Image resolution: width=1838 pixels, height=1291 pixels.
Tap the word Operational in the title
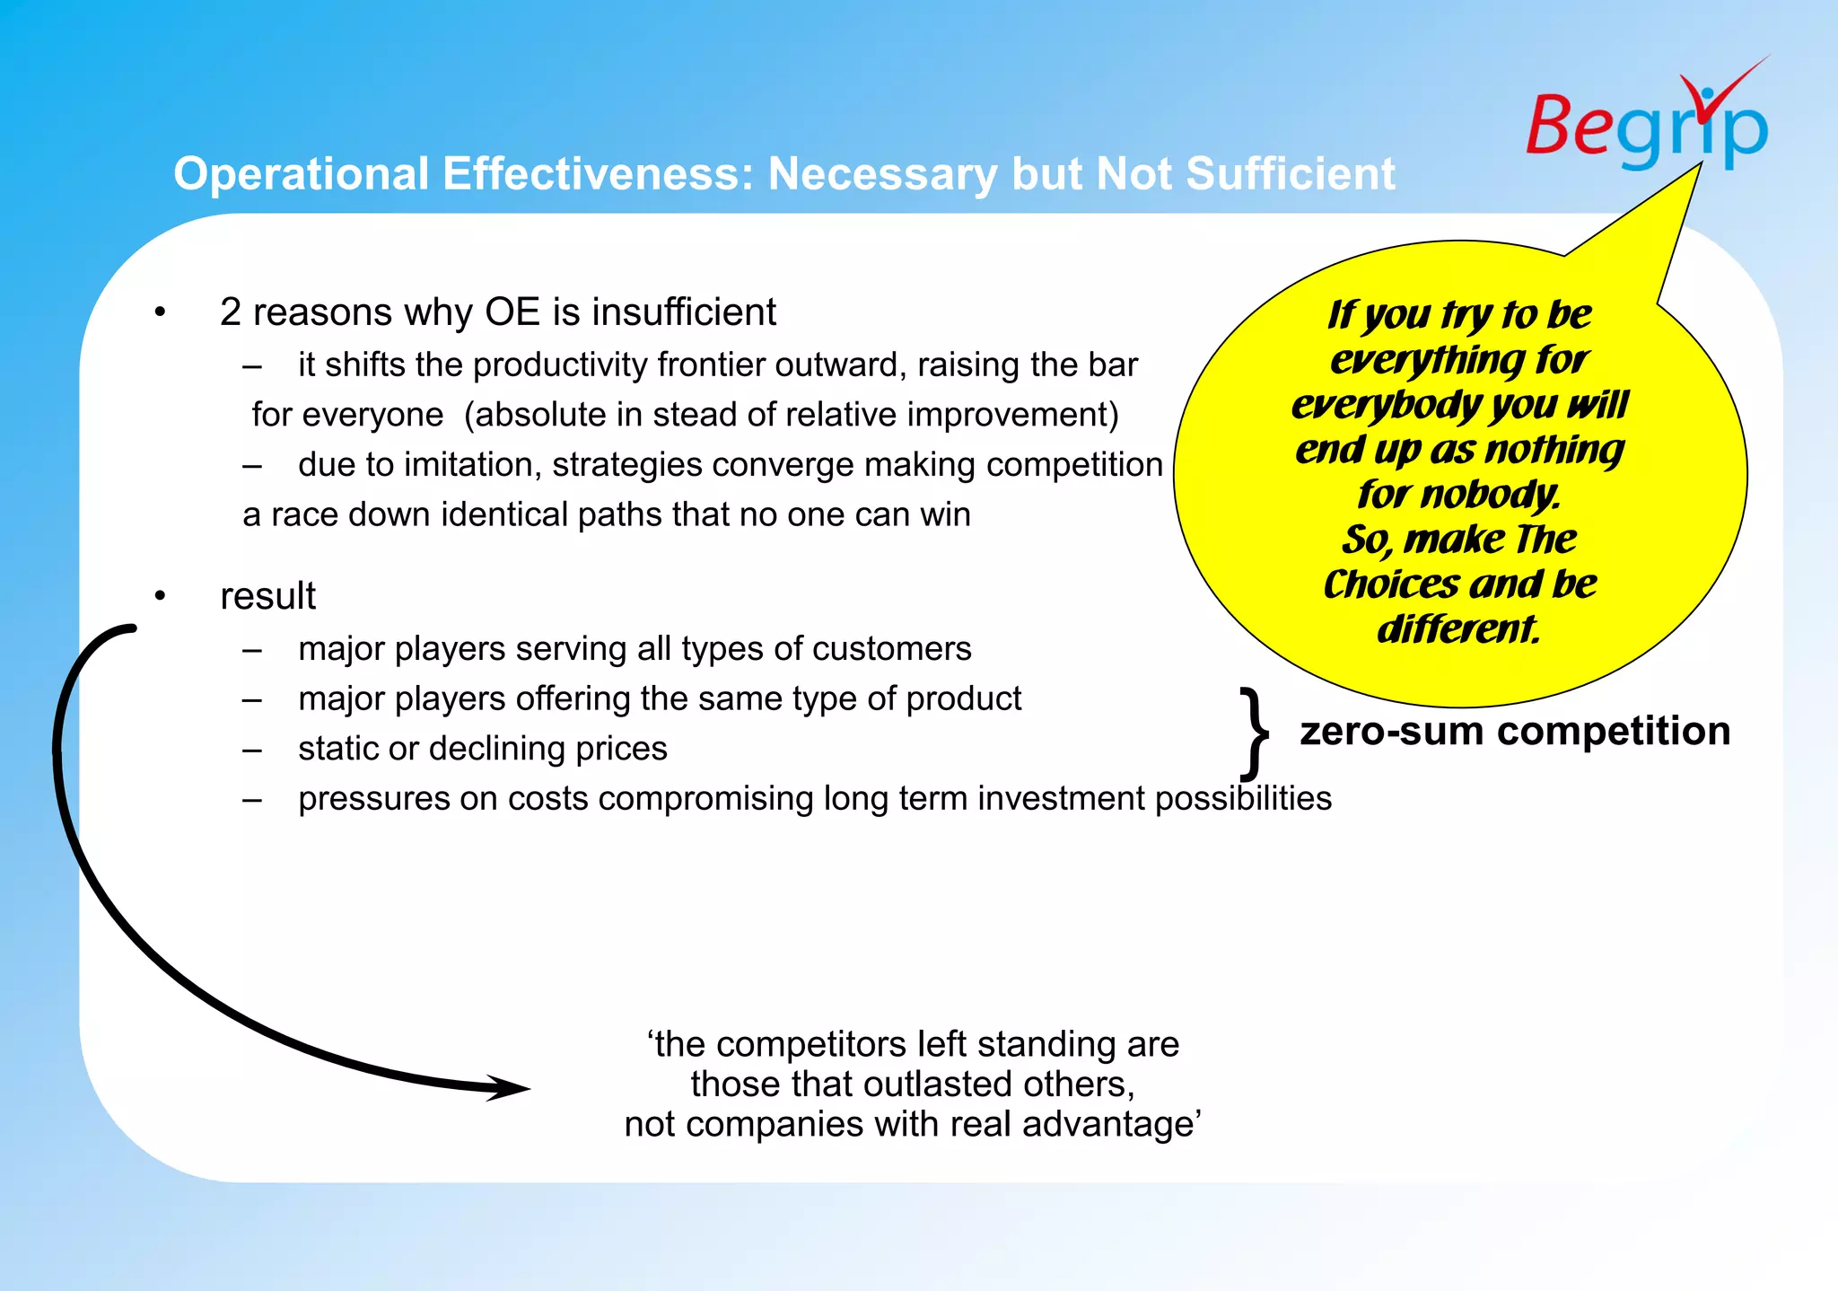(x=301, y=173)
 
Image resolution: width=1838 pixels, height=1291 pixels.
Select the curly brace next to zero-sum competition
(x=1254, y=733)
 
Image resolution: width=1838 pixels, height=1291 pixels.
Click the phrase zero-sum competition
(x=1514, y=731)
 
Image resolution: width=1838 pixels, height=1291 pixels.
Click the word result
(x=267, y=596)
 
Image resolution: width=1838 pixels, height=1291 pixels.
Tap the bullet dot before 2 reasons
(x=160, y=312)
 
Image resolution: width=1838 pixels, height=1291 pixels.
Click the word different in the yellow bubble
(x=1457, y=628)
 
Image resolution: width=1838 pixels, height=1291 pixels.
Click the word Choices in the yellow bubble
(x=1392, y=584)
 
